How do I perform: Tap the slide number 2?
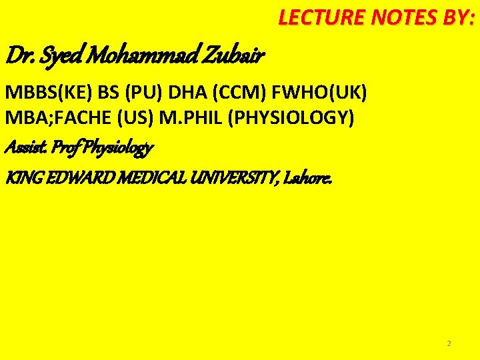(449, 343)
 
